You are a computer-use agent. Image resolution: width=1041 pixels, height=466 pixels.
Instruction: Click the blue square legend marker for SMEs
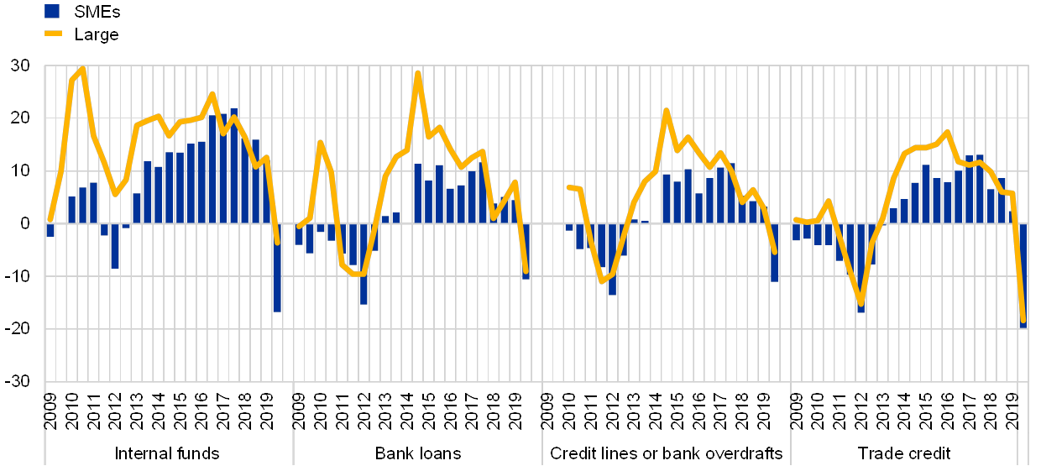point(52,11)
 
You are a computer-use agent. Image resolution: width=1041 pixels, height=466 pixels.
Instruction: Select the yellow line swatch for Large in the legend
point(54,34)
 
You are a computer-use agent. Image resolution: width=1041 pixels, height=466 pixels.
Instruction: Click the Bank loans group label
point(417,453)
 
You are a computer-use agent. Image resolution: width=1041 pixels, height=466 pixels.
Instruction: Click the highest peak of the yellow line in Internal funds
point(82,68)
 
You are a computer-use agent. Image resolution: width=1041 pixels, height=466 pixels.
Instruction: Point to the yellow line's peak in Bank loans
point(417,73)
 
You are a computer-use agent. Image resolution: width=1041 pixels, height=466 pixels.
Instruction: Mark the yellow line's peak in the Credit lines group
point(666,110)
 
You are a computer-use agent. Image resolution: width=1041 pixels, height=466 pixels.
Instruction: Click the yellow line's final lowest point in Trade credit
point(1023,320)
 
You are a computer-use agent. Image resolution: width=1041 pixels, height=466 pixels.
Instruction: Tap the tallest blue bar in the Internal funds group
point(233,165)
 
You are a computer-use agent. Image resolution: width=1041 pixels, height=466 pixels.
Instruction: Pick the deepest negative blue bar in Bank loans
point(363,263)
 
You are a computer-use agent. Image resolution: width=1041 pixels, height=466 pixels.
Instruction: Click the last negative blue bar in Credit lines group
point(774,252)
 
